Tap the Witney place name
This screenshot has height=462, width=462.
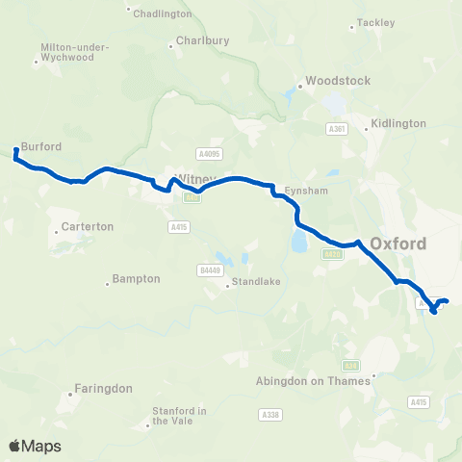point(193,179)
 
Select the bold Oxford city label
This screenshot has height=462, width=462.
point(398,244)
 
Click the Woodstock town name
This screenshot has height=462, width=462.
point(338,81)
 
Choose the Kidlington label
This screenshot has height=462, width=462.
point(398,124)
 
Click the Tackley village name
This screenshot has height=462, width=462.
point(376,21)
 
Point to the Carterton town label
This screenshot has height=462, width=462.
point(88,226)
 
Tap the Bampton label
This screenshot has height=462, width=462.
point(136,278)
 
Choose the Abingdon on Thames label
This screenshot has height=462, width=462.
point(313,380)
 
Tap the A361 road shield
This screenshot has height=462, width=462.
point(336,128)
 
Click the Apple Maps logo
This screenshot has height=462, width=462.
point(35,446)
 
